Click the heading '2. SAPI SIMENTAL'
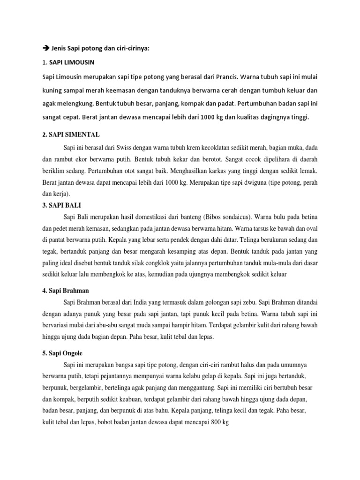71,134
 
